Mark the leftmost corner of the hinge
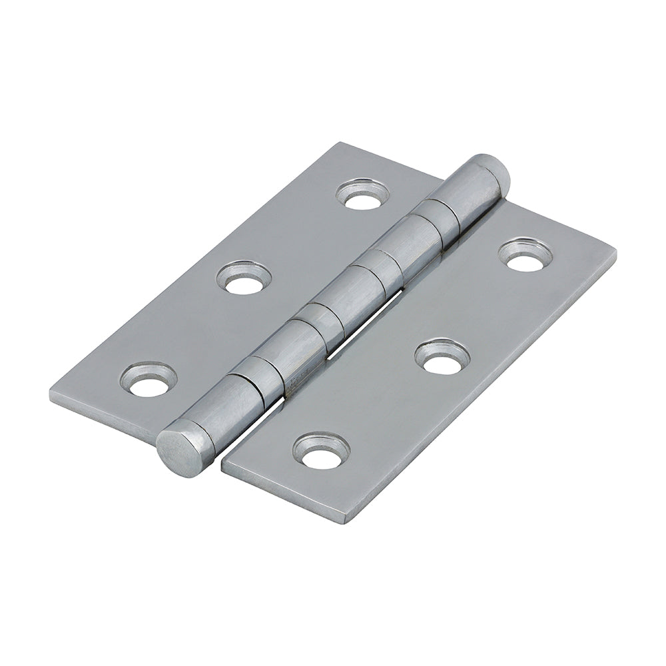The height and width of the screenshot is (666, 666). [51, 393]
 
